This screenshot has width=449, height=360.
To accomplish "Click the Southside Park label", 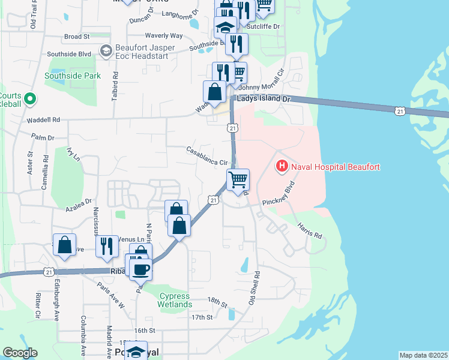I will coord(73,76).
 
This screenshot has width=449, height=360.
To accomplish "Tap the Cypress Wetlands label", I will coord(174,301).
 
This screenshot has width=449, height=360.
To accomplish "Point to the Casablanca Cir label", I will coord(208,156).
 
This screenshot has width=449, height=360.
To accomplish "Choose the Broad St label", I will coord(77,37).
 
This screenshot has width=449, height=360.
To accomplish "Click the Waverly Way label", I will coord(163,36).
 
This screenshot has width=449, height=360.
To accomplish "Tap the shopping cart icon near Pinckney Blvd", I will coord(238,179).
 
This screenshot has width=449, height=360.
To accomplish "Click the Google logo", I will coord(20,353).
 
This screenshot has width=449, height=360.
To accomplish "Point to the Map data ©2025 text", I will coord(423,355).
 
